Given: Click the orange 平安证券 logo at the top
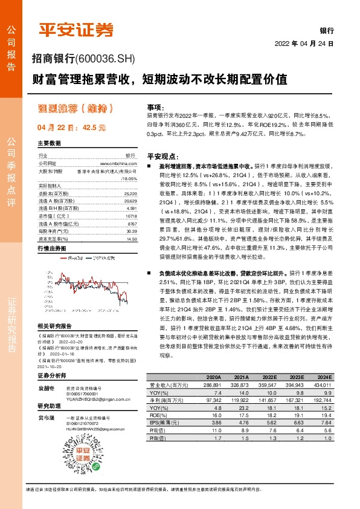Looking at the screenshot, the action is point(76,30).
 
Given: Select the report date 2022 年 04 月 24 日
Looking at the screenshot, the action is point(304,44).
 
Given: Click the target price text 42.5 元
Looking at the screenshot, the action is point(94,128).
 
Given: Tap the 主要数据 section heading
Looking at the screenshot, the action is point(50,144).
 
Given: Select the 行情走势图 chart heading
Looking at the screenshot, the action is point(51,232).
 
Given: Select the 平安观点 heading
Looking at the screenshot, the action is point(160,155).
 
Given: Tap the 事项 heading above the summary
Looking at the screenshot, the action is point(155,106).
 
